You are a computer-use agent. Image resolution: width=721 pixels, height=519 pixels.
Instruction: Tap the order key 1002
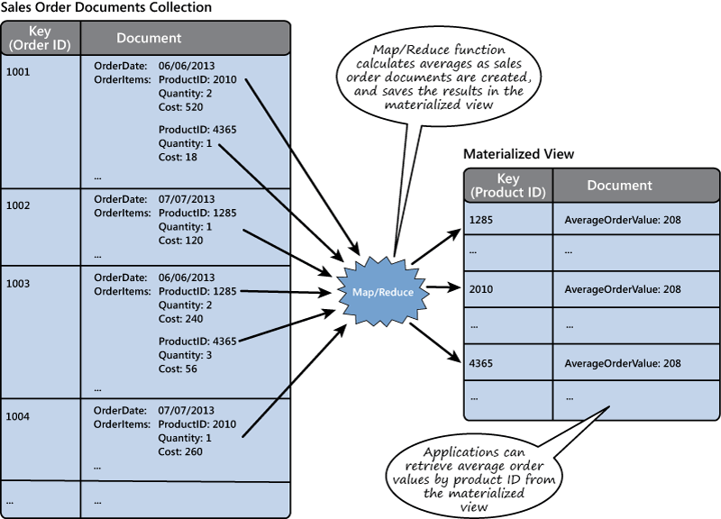coord(18,205)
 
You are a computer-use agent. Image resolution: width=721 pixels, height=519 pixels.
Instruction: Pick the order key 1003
coord(18,284)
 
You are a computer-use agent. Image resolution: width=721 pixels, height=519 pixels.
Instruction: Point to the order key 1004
coord(18,416)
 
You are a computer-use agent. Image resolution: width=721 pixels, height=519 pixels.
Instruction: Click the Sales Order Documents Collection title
coord(106,7)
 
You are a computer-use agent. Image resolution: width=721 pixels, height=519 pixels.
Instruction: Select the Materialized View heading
coord(518,154)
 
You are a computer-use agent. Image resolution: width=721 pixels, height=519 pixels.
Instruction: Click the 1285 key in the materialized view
coord(482,219)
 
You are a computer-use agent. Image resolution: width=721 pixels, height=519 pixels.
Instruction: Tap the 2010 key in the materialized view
coord(482,289)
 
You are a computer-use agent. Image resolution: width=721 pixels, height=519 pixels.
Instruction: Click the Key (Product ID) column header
coord(507,186)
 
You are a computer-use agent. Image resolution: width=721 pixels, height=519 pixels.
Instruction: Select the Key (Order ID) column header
coord(41,39)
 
